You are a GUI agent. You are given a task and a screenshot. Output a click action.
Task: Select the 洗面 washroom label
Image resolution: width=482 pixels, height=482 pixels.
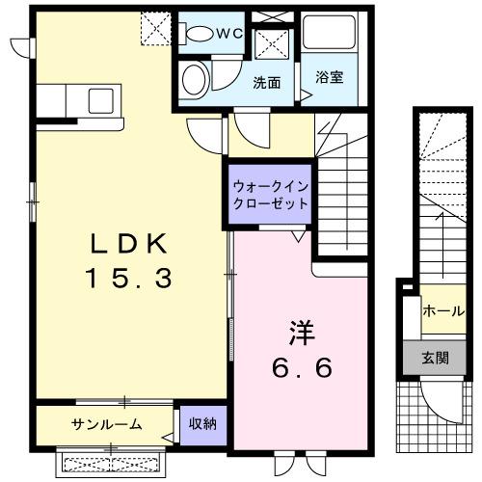click(267, 82)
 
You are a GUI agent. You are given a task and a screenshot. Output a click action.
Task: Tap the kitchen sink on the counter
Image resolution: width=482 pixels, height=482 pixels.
click(99, 99)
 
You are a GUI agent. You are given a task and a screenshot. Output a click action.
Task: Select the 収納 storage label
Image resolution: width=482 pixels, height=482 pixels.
click(202, 423)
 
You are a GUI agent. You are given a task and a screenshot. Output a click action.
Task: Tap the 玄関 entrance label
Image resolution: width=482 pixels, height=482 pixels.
click(435, 357)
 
